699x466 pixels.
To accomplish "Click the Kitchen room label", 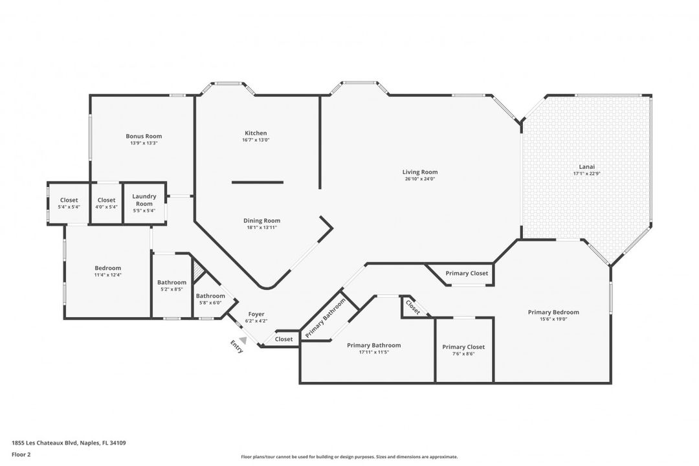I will point(255,133).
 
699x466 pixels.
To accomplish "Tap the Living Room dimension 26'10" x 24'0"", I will point(420,179).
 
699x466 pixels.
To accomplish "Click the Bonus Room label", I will point(144,136).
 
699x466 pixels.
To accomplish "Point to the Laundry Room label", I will point(144,200).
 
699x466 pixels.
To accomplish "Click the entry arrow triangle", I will point(243,340).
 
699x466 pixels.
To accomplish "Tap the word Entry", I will point(237,348).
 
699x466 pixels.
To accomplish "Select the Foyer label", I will point(256,314).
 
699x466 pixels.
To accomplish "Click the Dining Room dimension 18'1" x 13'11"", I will point(262,228).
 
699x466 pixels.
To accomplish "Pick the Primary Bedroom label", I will point(553,312).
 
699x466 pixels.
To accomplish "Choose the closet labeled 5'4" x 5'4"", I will point(69,207).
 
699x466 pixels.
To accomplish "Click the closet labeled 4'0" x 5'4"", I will point(106,207).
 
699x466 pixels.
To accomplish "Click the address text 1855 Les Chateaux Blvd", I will point(45,443).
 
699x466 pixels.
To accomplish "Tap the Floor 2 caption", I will point(21,454).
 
